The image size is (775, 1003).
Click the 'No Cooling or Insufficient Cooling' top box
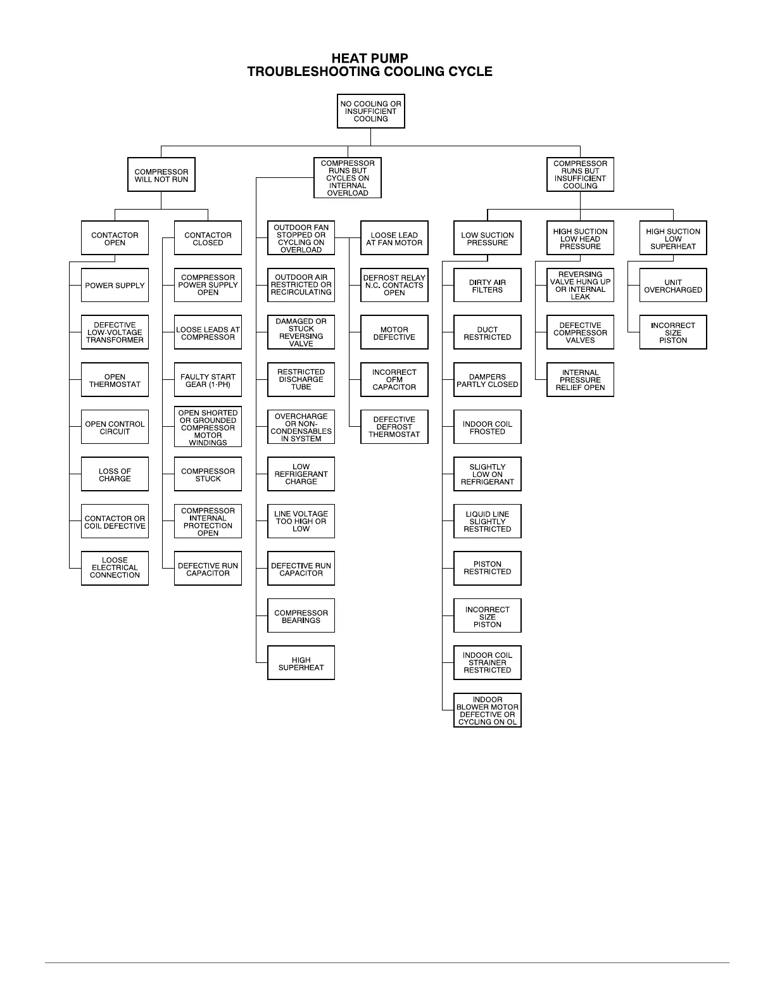coord(370,111)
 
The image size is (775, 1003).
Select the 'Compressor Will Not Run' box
coord(161,175)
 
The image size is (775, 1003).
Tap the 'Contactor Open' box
coord(115,238)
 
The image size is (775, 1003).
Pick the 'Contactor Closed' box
coord(208,238)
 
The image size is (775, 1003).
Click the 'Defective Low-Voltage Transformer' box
coord(115,332)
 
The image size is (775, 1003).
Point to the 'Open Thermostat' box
coord(115,380)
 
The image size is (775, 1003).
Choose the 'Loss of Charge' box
coord(115,474)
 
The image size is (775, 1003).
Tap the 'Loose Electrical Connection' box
coord(115,568)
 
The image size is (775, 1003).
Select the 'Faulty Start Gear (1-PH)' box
coord(208,380)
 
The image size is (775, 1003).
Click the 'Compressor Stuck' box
coord(208,474)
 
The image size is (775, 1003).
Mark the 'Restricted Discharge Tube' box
coord(301,379)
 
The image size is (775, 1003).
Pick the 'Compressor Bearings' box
coord(301,616)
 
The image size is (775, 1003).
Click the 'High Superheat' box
coord(301,663)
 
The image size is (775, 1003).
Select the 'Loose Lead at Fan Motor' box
coord(394,238)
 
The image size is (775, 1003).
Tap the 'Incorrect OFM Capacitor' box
coord(394,379)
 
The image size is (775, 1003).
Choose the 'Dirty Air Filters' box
coord(487,286)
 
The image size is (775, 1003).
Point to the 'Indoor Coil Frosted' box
coord(487,427)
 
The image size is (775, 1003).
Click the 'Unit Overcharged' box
coord(673,286)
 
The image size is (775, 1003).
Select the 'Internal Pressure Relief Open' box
coord(580,380)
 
